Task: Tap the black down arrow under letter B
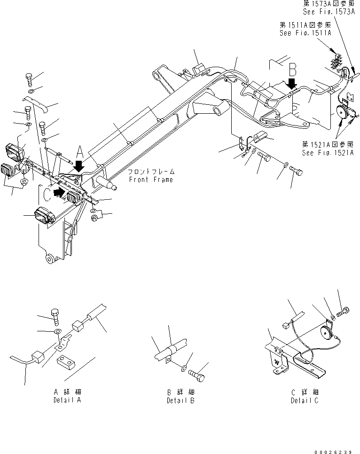click(x=292, y=84)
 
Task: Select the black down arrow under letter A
click(x=78, y=164)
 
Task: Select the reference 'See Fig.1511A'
click(x=305, y=33)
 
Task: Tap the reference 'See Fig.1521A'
click(x=328, y=153)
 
